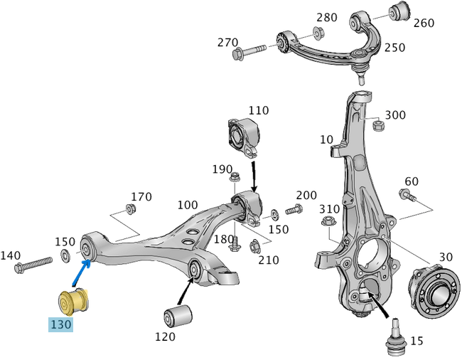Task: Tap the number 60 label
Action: tap(412, 181)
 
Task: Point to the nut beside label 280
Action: tap(318, 32)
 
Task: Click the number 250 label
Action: tap(394, 48)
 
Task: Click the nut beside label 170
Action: tap(131, 208)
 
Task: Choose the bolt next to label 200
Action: tap(294, 210)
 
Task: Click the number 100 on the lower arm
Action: tap(188, 205)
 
